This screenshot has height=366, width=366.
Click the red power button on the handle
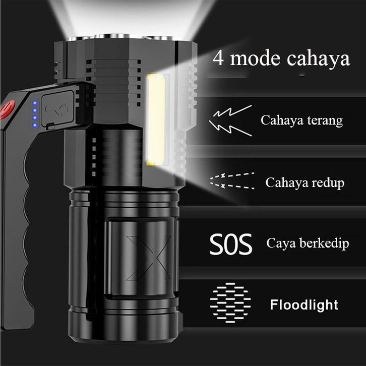[x=8, y=109]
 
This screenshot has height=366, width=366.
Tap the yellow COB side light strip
[x=156, y=119]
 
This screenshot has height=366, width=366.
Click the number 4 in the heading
[x=219, y=58]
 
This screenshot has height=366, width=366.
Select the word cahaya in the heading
[x=318, y=58]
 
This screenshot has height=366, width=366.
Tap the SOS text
[x=230, y=245]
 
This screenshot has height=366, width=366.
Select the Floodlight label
[x=304, y=305]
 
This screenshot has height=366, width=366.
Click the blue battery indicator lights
[x=34, y=114]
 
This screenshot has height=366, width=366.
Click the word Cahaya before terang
[x=280, y=121]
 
